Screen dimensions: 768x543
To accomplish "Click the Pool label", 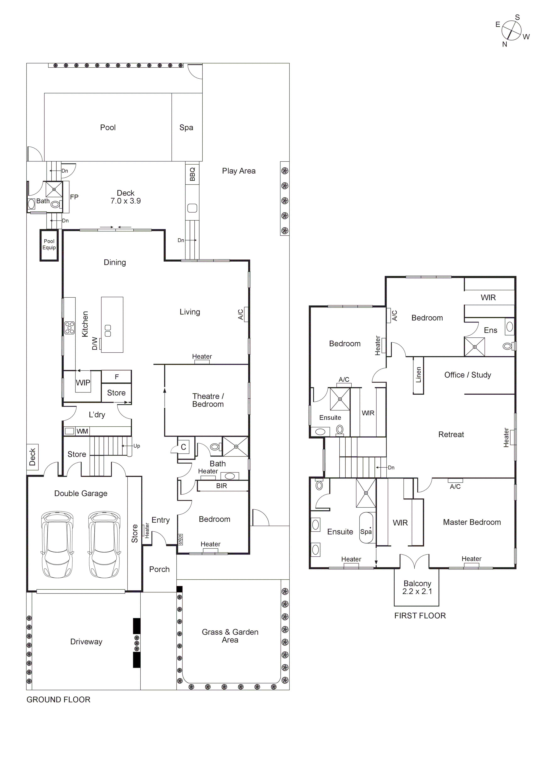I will pyautogui.click(x=108, y=127).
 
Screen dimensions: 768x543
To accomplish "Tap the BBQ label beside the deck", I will pyautogui.click(x=192, y=174).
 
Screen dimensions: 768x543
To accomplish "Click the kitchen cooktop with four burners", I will pyautogui.click(x=70, y=328).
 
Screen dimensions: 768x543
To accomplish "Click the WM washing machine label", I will pyautogui.click(x=82, y=431).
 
